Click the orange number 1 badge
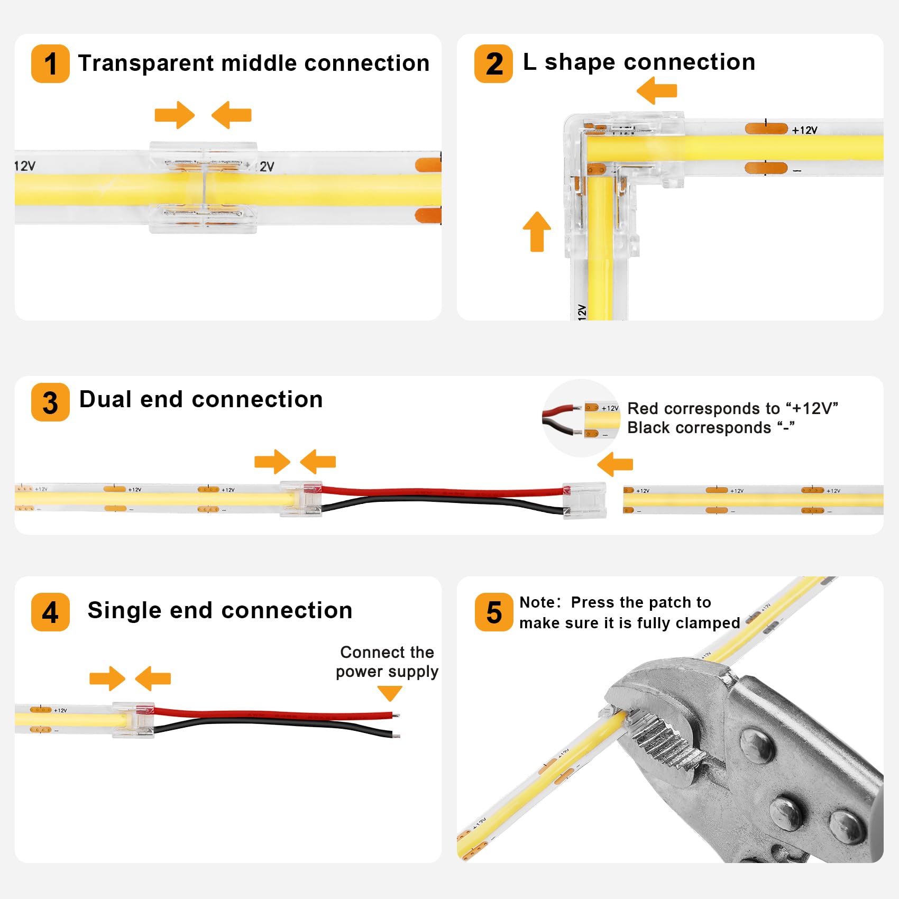[x=50, y=64]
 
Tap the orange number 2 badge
[x=493, y=64]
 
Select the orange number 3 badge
[x=50, y=402]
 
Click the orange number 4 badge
[x=50, y=612]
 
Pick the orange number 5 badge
[x=493, y=612]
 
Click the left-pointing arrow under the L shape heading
[x=657, y=90]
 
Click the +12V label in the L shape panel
[x=804, y=130]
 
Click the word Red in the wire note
[x=642, y=409]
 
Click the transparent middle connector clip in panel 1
[x=204, y=187]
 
